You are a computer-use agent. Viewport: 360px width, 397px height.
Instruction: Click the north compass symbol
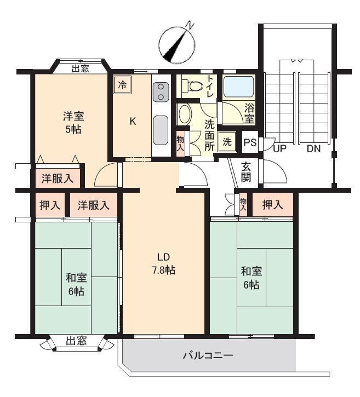click(178, 44)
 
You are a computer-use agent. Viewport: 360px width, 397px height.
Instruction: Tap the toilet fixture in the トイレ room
click(193, 86)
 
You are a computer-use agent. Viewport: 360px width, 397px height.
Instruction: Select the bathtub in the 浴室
click(239, 87)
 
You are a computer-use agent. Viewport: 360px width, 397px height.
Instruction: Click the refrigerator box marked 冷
click(122, 85)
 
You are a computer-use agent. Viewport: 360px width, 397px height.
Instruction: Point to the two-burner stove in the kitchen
click(161, 92)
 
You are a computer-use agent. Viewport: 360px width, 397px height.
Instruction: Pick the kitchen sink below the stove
click(161, 130)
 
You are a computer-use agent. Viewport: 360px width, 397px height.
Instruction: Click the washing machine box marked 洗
click(227, 142)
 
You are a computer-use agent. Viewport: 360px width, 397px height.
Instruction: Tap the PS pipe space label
click(250, 142)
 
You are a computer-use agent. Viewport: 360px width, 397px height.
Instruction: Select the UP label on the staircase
click(279, 148)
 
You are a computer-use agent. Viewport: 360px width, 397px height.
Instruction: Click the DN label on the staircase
click(313, 148)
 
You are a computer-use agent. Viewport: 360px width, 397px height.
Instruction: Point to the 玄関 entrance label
click(246, 172)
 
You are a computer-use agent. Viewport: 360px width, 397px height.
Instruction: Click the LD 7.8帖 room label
click(163, 263)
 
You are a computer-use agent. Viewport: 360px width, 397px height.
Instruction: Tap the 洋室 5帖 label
click(73, 123)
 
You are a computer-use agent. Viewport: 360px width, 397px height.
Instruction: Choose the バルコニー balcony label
click(208, 355)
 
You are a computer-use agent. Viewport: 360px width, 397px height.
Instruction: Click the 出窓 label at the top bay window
click(81, 68)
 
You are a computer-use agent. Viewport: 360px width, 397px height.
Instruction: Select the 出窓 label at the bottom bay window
click(76, 341)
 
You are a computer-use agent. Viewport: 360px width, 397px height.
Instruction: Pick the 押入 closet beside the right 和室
click(272, 205)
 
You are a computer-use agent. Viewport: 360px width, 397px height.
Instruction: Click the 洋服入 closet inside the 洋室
click(58, 179)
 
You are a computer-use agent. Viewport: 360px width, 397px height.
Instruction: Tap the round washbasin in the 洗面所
click(185, 114)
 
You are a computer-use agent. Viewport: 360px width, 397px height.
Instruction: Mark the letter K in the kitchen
click(133, 122)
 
